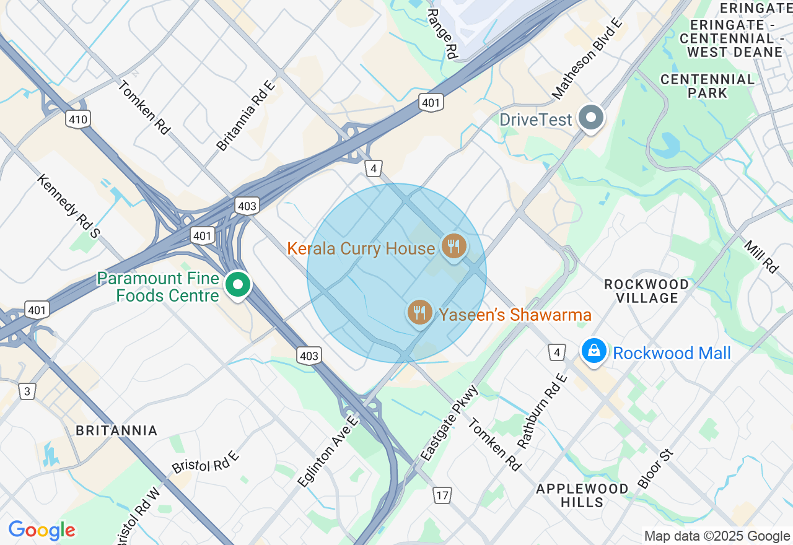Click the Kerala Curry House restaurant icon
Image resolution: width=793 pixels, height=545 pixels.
pos(454,246)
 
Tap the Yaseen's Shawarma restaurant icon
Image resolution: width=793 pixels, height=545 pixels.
pos(420,312)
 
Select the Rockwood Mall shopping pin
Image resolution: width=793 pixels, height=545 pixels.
pos(594,351)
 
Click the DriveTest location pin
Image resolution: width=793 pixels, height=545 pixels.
pos(591,117)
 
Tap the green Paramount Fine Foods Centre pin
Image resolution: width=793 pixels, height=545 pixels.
pos(237,285)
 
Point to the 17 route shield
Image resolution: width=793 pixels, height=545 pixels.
pos(442,495)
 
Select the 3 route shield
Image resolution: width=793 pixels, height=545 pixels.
pos(27,391)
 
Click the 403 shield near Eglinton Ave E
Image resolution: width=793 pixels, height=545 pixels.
pos(309,355)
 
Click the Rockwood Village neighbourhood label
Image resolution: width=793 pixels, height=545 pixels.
pos(646,291)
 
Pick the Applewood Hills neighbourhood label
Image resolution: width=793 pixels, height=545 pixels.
pos(582,495)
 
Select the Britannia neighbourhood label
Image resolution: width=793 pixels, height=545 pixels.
pos(116,430)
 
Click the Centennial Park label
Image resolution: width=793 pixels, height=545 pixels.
pos(708,86)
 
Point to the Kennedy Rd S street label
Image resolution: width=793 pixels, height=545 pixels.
pos(68,206)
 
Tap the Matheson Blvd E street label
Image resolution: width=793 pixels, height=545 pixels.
pos(586,59)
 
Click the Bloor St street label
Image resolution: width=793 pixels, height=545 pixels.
pos(655,469)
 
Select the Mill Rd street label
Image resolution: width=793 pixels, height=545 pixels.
pos(761,257)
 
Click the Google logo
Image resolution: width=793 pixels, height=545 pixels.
pos(42,530)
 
